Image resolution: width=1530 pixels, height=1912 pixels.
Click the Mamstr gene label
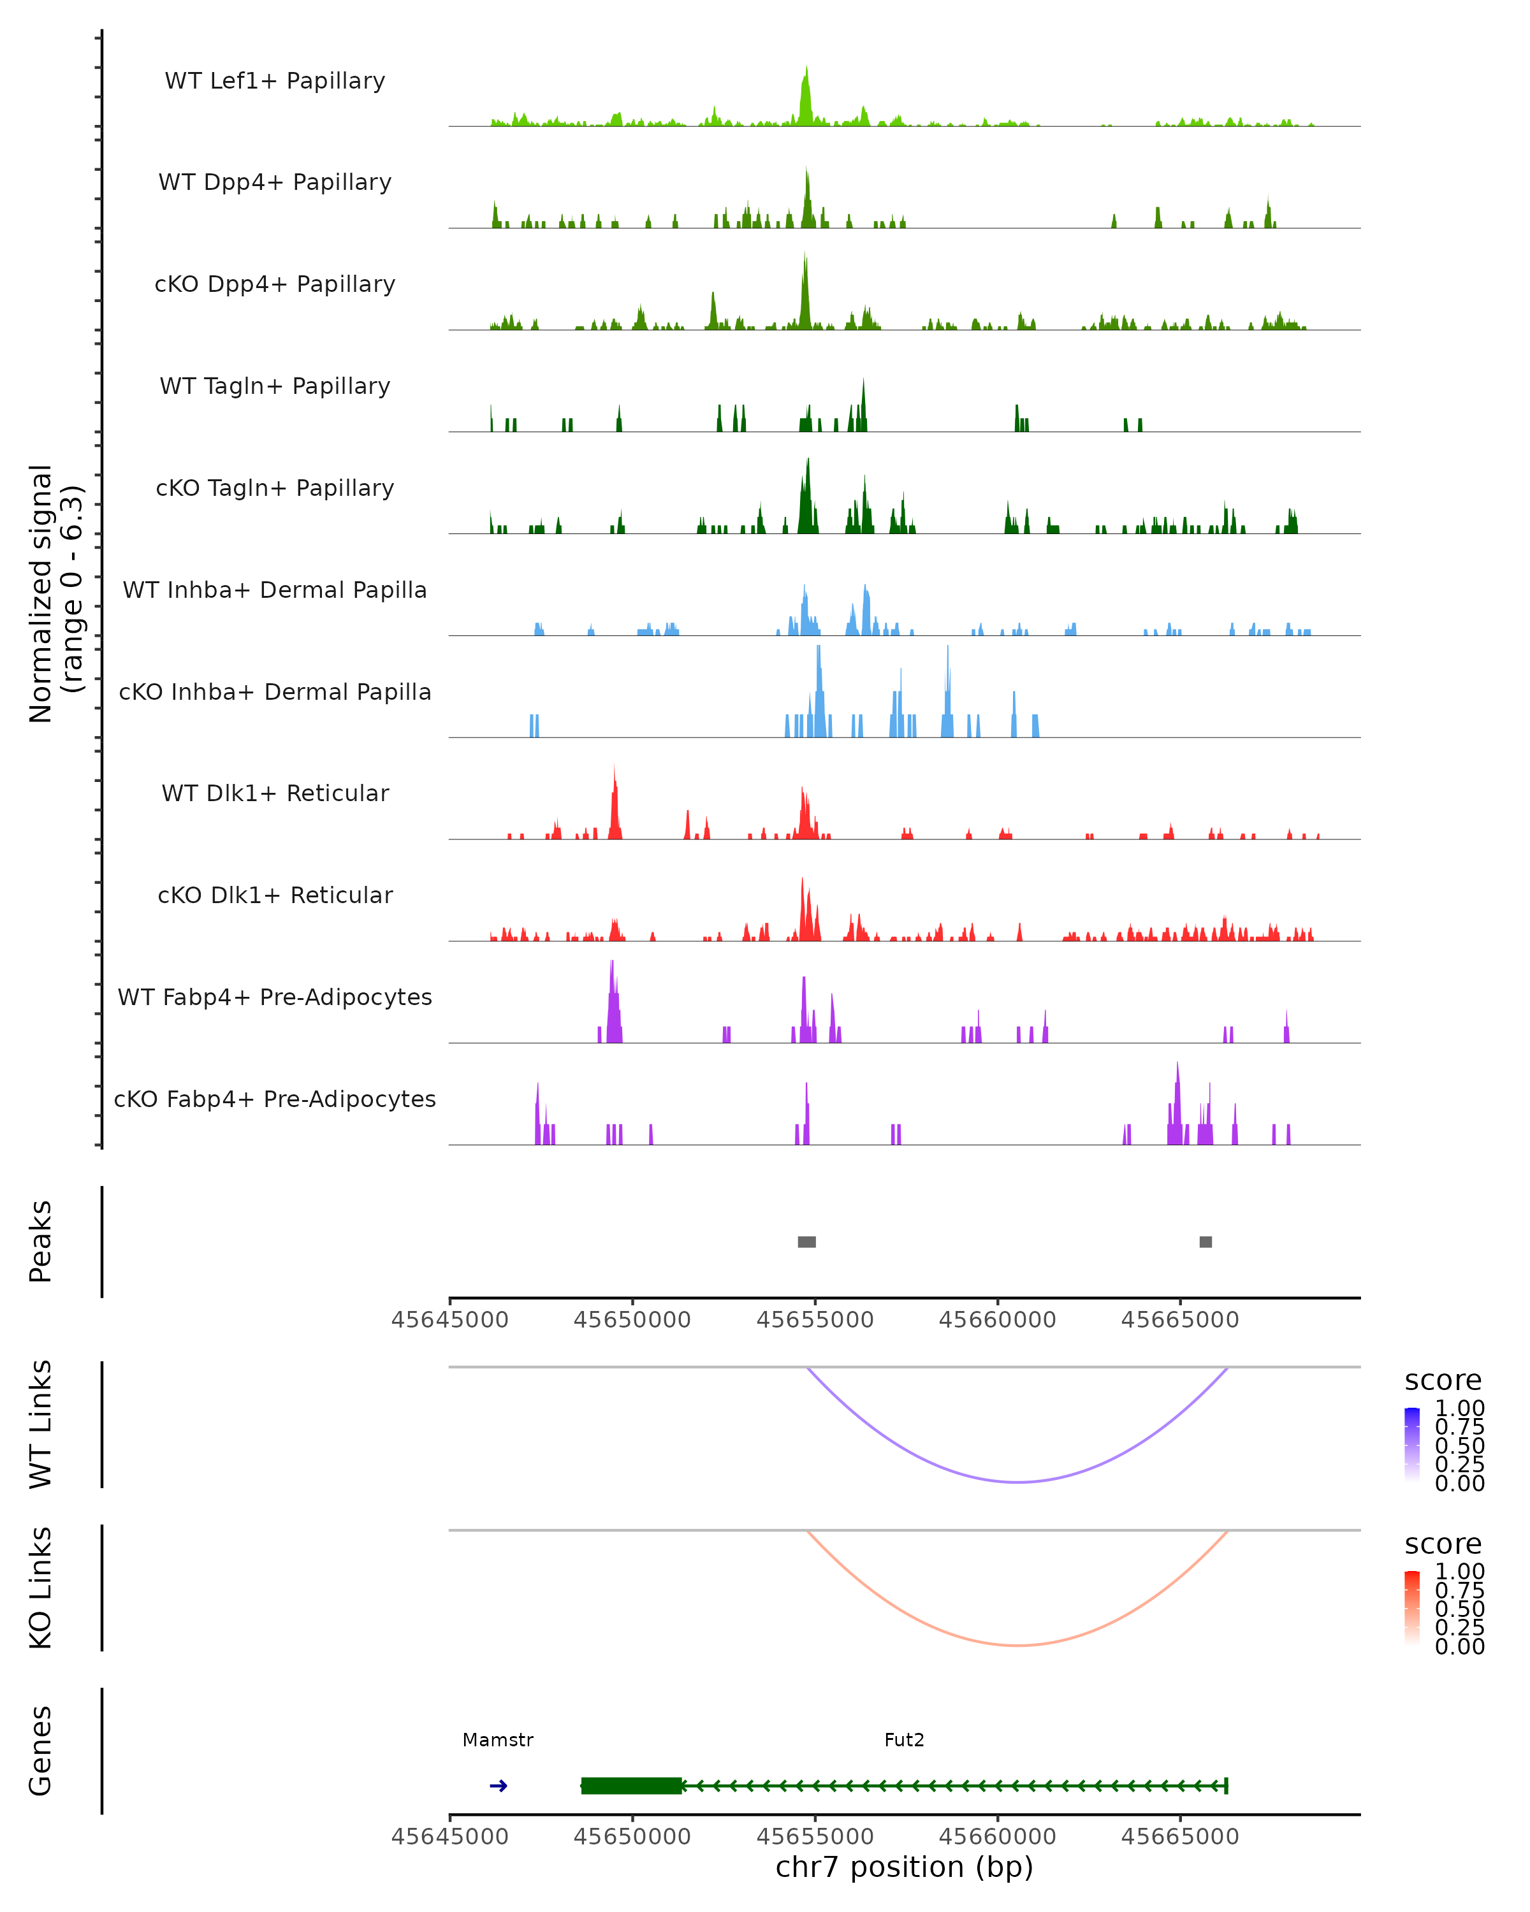coord(498,1740)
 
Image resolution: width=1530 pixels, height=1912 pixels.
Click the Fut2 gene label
coord(904,1740)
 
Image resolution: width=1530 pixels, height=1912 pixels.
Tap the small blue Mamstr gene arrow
coord(499,1786)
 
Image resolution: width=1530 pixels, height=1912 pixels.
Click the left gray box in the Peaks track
coord(806,1242)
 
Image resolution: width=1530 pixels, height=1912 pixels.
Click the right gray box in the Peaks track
coord(1206,1242)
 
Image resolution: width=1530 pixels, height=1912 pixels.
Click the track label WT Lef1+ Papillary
coord(275,81)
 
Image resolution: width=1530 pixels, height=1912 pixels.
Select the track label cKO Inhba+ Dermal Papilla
coord(275,692)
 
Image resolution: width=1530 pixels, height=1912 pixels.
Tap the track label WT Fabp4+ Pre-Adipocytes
coord(275,997)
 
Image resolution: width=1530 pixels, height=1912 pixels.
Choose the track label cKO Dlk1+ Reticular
coord(275,895)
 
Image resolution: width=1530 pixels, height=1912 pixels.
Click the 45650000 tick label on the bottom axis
coord(632,1837)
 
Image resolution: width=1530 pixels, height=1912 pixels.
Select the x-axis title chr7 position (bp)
coord(904,1867)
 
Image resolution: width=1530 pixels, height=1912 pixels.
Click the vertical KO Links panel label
coord(41,1588)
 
